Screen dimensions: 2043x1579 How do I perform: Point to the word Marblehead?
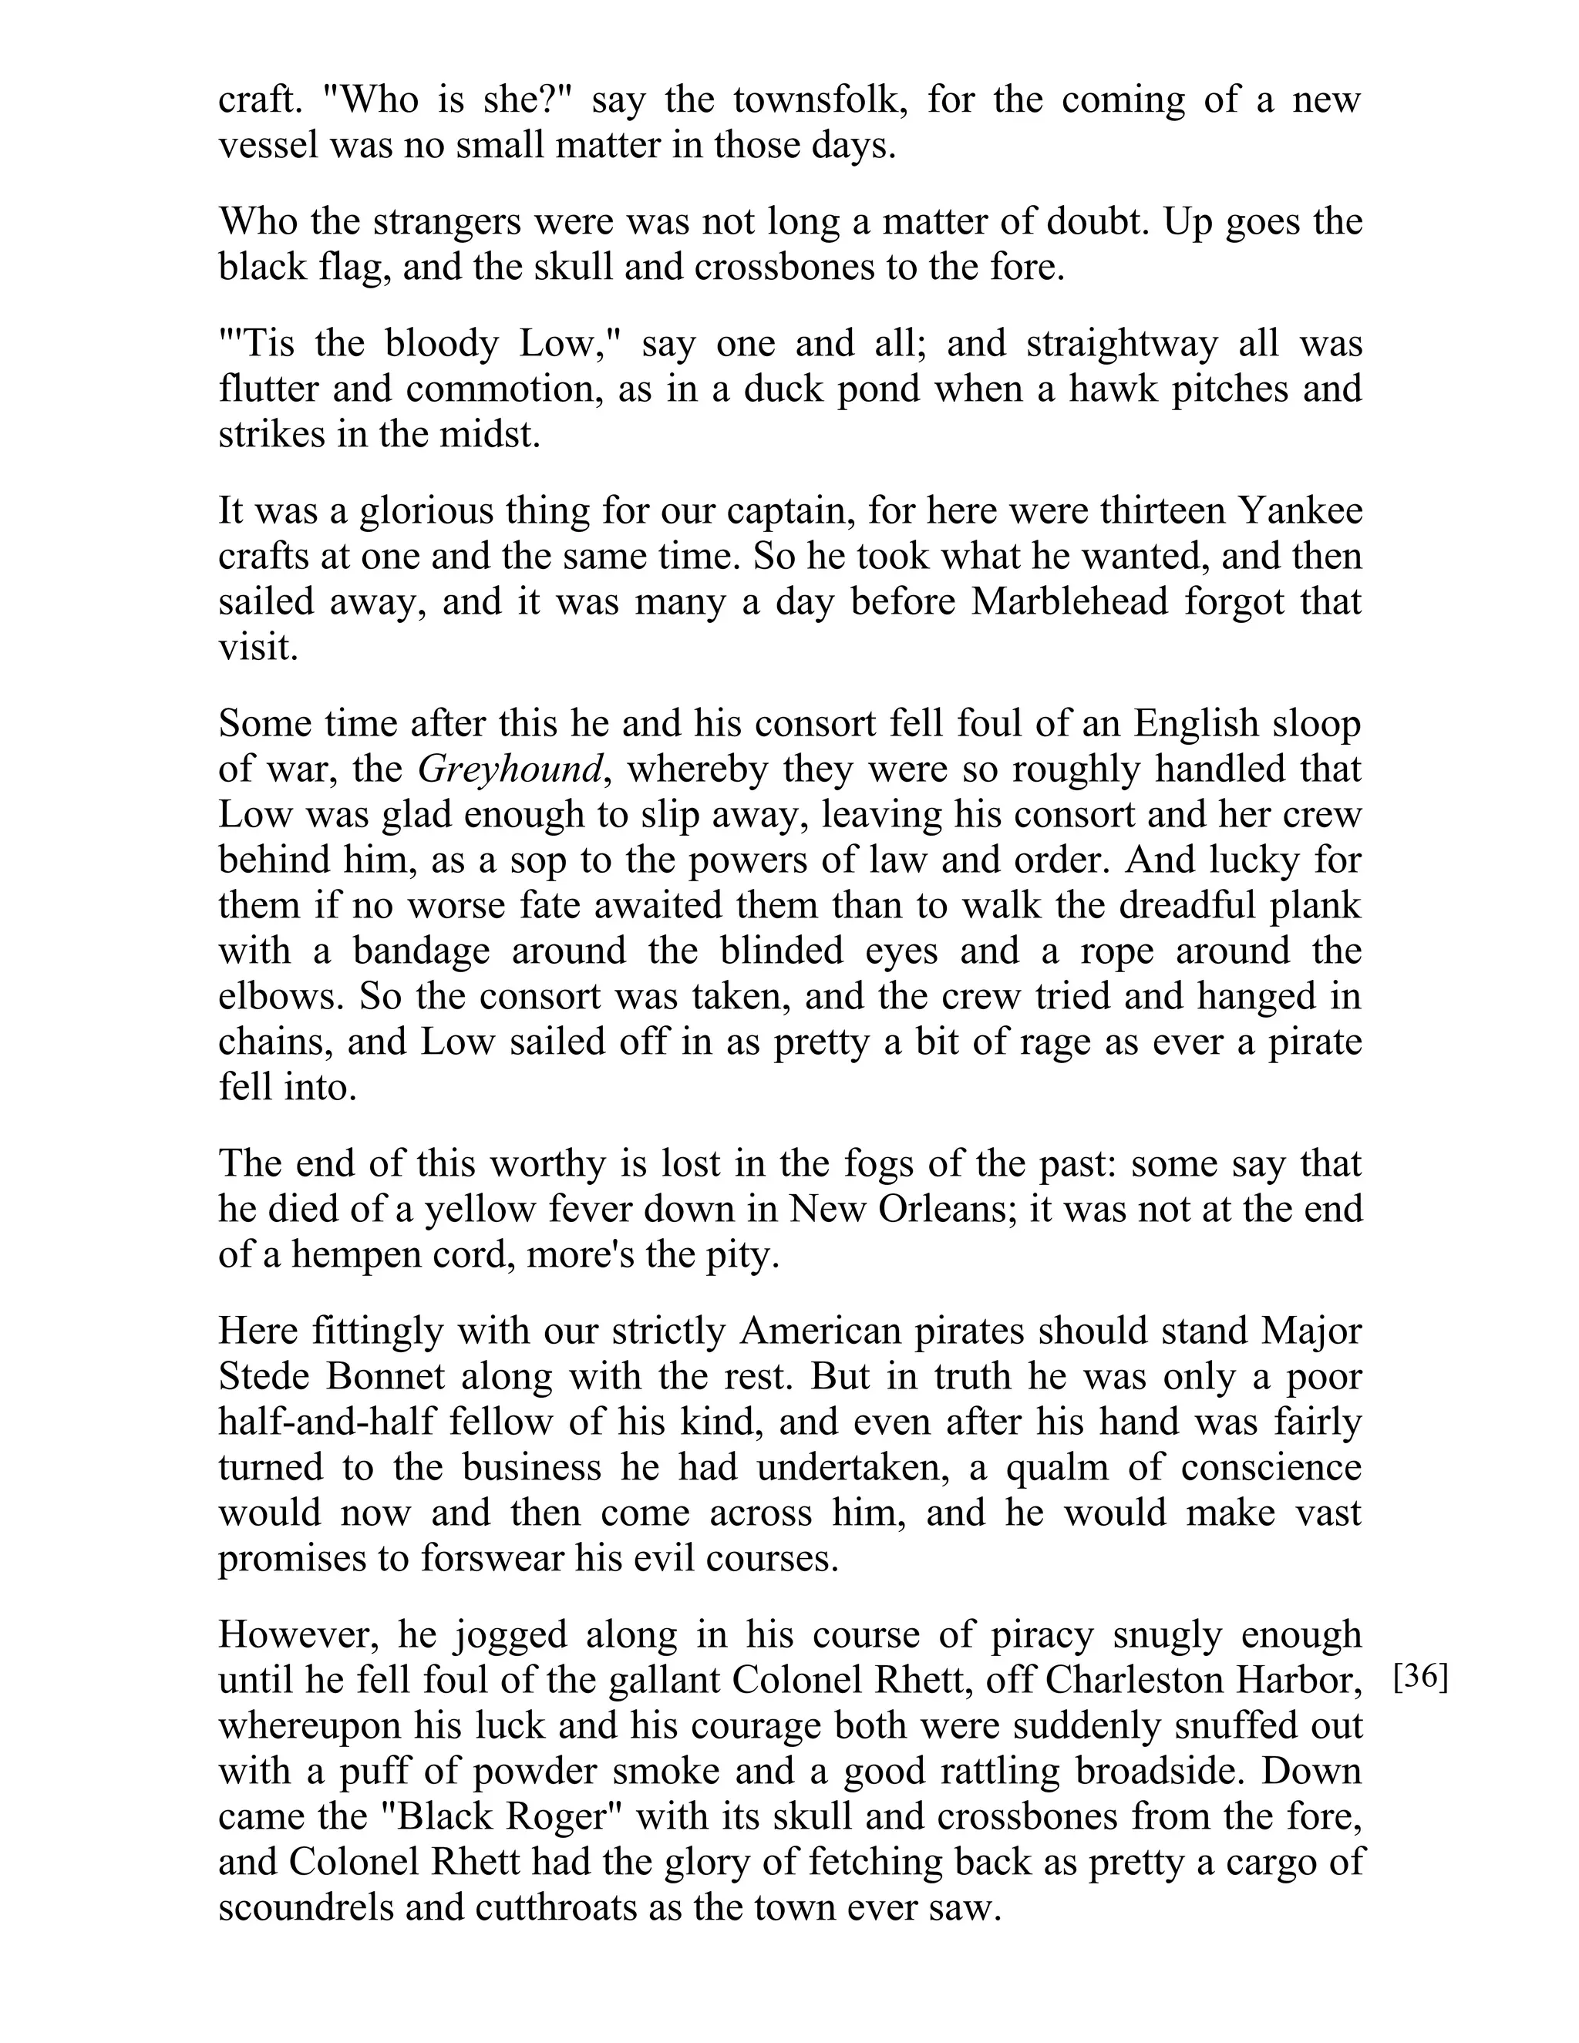[1070, 601]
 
